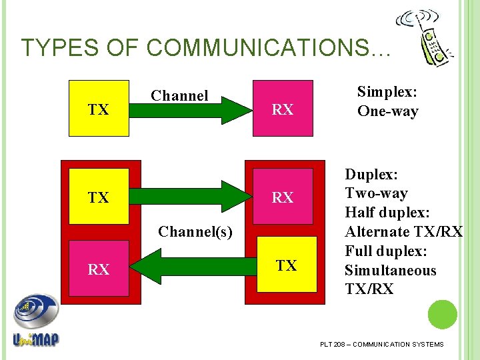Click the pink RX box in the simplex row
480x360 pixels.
click(283, 109)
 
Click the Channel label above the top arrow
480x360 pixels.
click(179, 96)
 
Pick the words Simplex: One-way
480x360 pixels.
click(388, 101)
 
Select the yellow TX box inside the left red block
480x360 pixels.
click(99, 198)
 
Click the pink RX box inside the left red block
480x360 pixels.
click(99, 269)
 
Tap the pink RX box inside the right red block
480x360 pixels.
click(283, 198)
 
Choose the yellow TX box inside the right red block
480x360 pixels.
click(287, 265)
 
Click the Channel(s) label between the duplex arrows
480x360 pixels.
click(195, 232)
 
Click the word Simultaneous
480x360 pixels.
click(390, 271)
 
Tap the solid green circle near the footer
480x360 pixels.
click(442, 315)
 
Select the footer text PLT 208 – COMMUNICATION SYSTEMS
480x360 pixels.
click(381, 344)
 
